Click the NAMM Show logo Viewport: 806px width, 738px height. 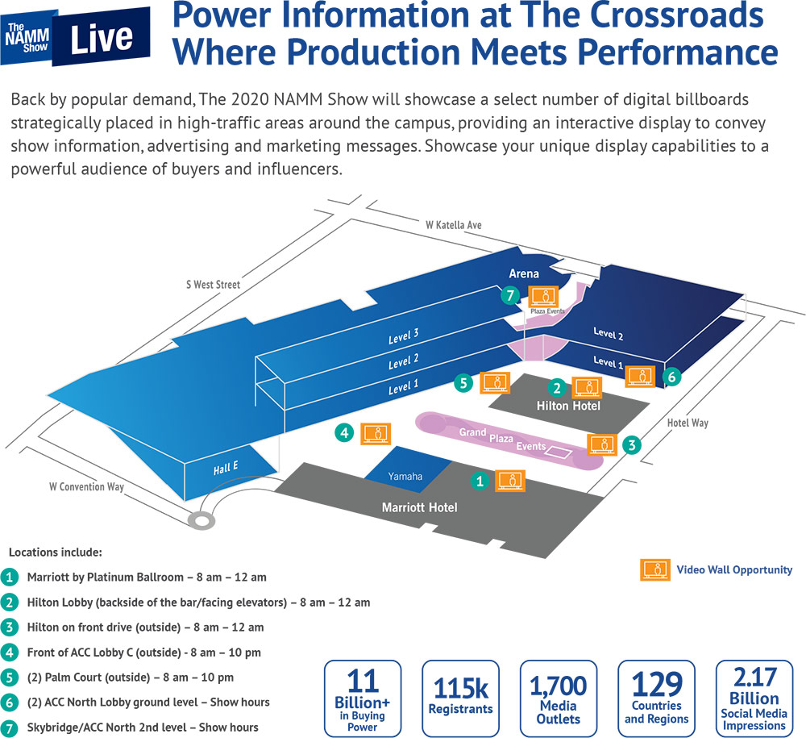point(27,38)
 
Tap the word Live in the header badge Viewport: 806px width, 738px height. point(102,38)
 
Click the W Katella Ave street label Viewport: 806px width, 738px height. point(453,225)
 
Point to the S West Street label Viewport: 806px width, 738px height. point(213,285)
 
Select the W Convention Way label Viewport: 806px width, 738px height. point(86,486)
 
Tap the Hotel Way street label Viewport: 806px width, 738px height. point(688,423)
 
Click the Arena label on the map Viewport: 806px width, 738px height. point(524,273)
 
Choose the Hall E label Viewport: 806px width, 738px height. point(226,468)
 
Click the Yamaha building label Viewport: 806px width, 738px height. point(405,476)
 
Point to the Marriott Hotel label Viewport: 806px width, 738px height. point(419,507)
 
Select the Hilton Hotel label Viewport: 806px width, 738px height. point(568,406)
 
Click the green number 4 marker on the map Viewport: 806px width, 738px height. point(344,433)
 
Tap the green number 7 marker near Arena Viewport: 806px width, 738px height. point(510,296)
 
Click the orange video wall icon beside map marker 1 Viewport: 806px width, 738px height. point(510,481)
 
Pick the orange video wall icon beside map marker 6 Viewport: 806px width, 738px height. point(640,377)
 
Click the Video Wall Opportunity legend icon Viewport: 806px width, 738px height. point(654,569)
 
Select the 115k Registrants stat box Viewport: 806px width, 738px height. point(460,698)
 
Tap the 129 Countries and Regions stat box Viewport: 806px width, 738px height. point(656,698)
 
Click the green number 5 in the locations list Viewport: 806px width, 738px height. point(9,678)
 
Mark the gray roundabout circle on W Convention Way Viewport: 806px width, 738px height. point(201,521)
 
